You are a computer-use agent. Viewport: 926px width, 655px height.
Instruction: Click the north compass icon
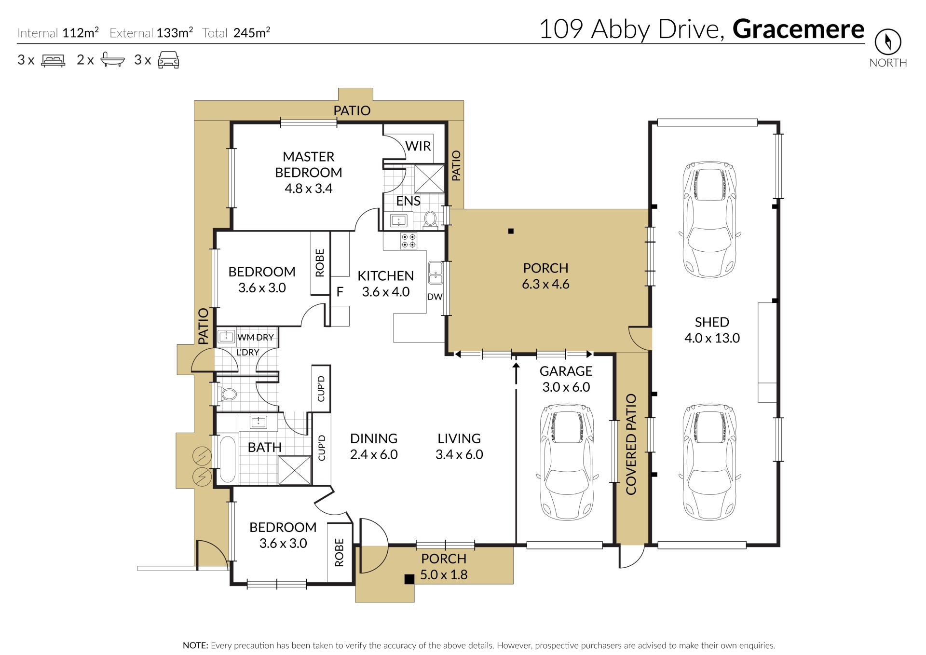888,42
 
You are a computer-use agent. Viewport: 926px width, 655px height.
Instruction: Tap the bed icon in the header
53,60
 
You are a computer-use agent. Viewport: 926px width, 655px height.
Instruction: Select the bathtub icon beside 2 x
112,60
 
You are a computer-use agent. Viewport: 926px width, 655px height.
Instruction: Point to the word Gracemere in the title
798,29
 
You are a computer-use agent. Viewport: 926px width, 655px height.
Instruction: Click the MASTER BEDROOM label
309,164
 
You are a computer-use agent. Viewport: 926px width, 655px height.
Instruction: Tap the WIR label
418,146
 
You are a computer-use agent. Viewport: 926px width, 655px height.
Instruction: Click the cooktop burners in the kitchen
409,241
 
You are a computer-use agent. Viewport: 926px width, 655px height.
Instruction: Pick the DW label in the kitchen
435,297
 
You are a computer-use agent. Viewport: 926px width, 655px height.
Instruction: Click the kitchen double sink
436,273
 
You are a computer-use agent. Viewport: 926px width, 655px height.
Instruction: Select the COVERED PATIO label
631,444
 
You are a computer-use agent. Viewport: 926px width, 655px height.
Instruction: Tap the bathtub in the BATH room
228,459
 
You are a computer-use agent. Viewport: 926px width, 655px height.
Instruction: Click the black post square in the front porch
409,579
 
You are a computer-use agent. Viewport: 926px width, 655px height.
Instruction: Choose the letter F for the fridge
340,292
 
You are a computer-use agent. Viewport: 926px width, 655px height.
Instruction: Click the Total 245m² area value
251,32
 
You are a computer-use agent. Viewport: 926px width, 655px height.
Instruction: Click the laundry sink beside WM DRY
226,336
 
